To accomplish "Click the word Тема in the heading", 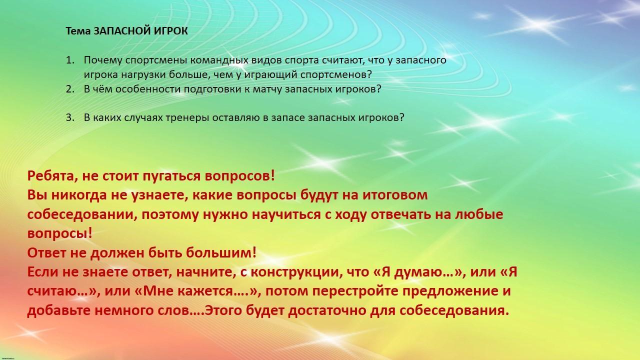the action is click(x=78, y=31).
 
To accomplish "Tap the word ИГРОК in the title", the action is click(x=171, y=31).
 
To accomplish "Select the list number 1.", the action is click(x=70, y=60).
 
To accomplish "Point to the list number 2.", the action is click(x=70, y=89).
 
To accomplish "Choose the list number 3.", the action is click(x=70, y=117).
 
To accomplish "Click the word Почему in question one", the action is click(x=103, y=60).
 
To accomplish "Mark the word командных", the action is click(x=219, y=60).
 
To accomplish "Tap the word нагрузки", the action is click(x=143, y=75).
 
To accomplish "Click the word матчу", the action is click(x=267, y=89).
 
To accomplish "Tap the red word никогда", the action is click(x=79, y=195).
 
